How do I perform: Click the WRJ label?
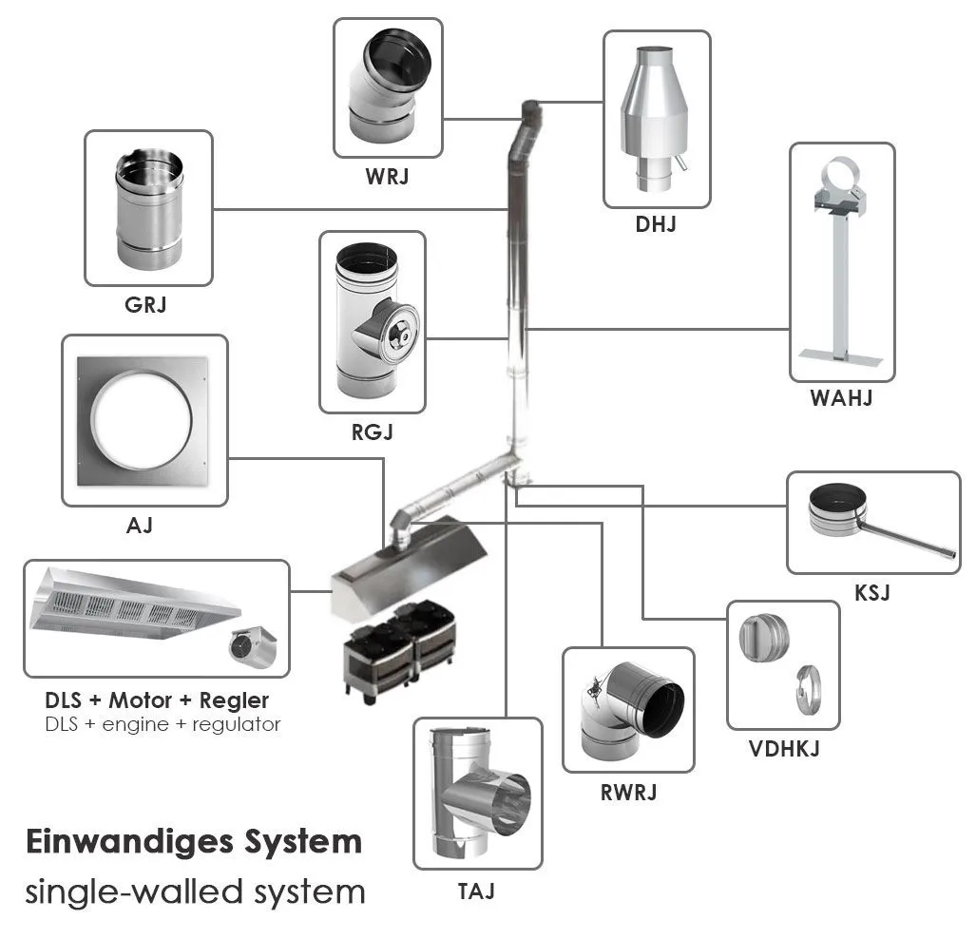[x=388, y=176]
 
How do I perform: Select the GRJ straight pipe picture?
[x=148, y=208]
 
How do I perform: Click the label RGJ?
[x=372, y=432]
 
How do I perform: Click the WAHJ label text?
[x=841, y=398]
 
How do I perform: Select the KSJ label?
[x=872, y=593]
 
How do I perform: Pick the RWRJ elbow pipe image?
[x=627, y=710]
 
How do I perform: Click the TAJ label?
[x=476, y=891]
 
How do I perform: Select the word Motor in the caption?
[x=141, y=700]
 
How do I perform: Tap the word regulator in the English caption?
[x=236, y=724]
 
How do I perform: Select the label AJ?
[x=140, y=525]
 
